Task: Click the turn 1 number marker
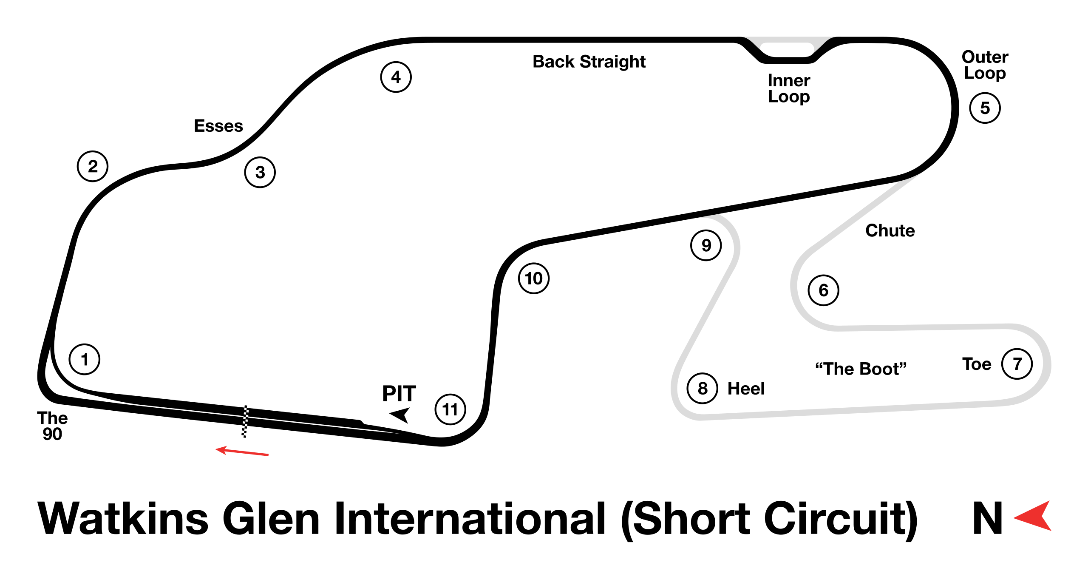click(85, 359)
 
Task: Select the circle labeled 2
click(93, 166)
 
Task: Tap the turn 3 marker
click(260, 172)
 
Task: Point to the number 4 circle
click(396, 77)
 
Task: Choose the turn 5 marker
click(985, 108)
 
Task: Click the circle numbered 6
click(824, 290)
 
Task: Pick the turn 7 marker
click(1017, 364)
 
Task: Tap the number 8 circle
click(703, 388)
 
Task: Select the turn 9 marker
click(706, 245)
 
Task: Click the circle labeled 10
click(534, 278)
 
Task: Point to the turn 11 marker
click(450, 409)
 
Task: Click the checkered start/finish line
click(245, 421)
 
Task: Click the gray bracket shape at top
click(788, 43)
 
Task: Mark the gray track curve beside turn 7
click(1046, 364)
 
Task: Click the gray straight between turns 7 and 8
click(850, 409)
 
